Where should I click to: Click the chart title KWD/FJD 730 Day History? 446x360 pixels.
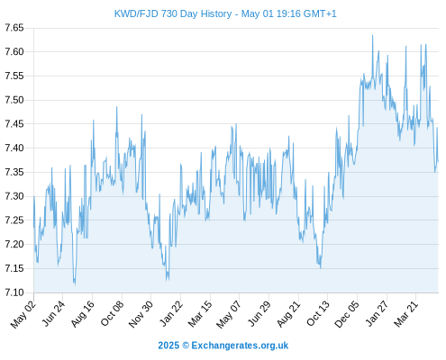pos(173,13)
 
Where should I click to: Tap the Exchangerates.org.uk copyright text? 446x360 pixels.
pos(223,346)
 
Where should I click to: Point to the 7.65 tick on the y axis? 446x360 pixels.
pos(14,28)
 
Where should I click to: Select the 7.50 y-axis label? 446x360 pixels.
pos(14,100)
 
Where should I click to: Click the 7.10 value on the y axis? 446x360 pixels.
pos(14,292)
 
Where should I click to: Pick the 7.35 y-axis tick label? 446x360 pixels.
pos(14,172)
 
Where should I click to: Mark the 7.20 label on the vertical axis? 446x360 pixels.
pos(14,244)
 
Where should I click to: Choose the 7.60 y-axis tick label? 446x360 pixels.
pos(14,52)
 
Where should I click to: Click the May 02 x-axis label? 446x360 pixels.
pos(23,314)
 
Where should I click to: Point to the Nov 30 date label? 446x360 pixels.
pos(141,314)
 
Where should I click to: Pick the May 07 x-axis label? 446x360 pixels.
pos(229,314)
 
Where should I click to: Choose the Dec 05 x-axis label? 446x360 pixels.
pos(347,314)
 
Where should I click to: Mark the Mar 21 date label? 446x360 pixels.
pos(406,314)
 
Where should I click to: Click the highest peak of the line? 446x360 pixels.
pos(373,35)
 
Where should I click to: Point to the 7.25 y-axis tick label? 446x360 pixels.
pos(14,220)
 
